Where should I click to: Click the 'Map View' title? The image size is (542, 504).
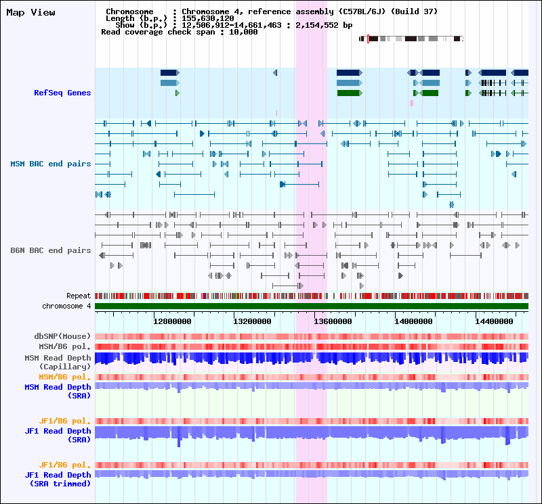click(31, 13)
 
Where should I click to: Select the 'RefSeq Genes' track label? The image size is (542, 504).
click(62, 93)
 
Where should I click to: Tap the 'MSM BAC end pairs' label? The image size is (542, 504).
click(51, 164)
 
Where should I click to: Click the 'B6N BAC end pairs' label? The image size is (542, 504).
click(51, 250)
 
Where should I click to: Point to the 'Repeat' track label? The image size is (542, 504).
click(79, 296)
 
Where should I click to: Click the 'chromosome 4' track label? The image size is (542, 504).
click(66, 306)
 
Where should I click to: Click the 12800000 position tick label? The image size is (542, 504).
click(172, 321)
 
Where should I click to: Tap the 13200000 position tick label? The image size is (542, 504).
click(252, 321)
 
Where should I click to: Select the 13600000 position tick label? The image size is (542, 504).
click(332, 321)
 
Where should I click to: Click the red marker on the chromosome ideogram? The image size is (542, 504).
click(368, 39)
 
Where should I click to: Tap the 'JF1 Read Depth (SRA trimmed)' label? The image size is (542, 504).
click(58, 479)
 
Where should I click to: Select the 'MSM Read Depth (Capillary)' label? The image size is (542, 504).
click(58, 362)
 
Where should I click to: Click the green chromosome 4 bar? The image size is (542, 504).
click(312, 306)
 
